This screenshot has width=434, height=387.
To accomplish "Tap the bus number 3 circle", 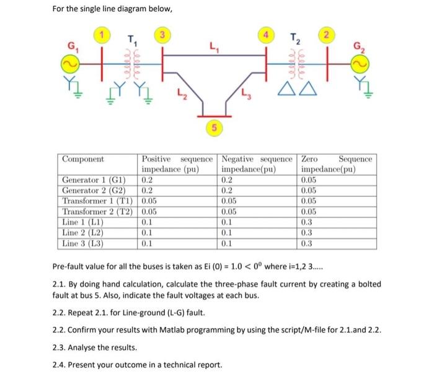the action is click(x=163, y=35).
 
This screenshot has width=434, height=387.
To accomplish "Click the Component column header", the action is click(x=82, y=159).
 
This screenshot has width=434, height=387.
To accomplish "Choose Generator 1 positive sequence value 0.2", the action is click(x=147, y=180).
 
